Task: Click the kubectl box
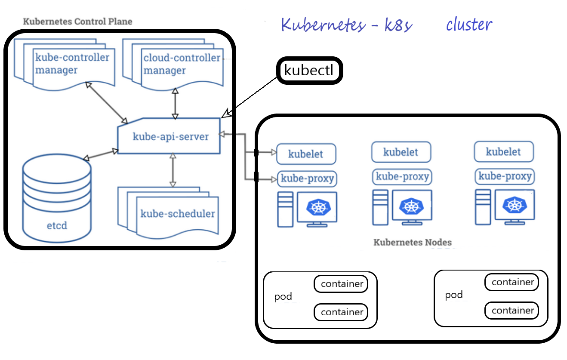[x=309, y=71]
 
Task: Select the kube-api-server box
[x=169, y=137]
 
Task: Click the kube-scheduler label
[x=177, y=214]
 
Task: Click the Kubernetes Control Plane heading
[x=77, y=21]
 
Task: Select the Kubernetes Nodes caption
[x=413, y=242]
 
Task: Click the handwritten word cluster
[x=469, y=25]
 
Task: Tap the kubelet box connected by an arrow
[x=306, y=154]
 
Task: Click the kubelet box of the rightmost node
[x=503, y=152]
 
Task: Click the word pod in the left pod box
[x=283, y=297]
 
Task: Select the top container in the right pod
[x=512, y=282]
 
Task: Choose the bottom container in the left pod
[x=341, y=312]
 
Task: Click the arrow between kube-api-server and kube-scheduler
[x=173, y=170]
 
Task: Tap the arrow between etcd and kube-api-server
[x=101, y=154]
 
